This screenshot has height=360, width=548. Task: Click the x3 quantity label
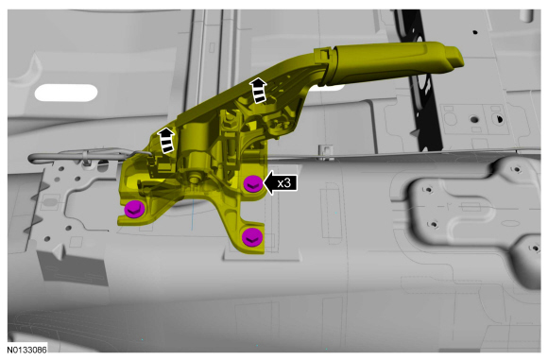(x=284, y=183)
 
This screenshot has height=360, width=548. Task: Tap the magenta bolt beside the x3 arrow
(x=253, y=184)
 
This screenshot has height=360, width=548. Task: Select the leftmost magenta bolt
(x=134, y=210)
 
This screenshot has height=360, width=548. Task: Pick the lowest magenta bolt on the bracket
(x=252, y=237)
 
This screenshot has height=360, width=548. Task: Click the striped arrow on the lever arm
(x=259, y=91)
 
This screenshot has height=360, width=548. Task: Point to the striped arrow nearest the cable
(x=166, y=140)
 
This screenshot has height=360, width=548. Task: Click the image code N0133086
(x=26, y=350)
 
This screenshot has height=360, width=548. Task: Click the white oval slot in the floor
(x=66, y=93)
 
